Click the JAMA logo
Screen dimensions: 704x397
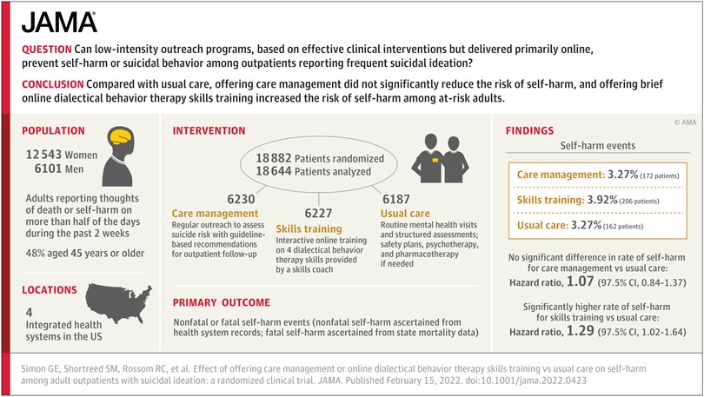pyautogui.click(x=59, y=22)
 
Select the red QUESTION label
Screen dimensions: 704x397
pyautogui.click(x=47, y=50)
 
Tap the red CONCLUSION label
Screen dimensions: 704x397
pyautogui.click(x=52, y=84)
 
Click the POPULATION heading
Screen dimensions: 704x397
pyautogui.click(x=53, y=130)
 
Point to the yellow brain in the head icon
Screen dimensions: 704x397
pyautogui.click(x=121, y=136)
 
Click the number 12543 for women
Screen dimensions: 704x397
pyautogui.click(x=43, y=155)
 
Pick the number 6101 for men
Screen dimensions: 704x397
pyautogui.click(x=48, y=169)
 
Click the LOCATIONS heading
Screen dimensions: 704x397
pyautogui.click(x=50, y=290)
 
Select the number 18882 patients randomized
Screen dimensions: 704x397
pyautogui.click(x=274, y=158)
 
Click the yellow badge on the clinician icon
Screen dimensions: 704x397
pyautogui.click(x=435, y=159)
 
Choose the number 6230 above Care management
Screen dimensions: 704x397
pyautogui.click(x=241, y=199)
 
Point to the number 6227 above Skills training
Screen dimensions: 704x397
pyautogui.click(x=318, y=213)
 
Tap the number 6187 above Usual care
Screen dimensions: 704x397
pyautogui.click(x=396, y=199)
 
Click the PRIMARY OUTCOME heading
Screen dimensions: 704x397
pyautogui.click(x=222, y=302)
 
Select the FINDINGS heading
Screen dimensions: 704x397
pyautogui.click(x=530, y=130)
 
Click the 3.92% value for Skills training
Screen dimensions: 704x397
pyautogui.click(x=602, y=200)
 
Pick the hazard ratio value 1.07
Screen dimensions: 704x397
pyautogui.click(x=580, y=281)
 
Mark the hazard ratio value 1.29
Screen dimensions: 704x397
pyautogui.click(x=580, y=331)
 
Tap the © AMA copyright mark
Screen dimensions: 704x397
pyautogui.click(x=685, y=122)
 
